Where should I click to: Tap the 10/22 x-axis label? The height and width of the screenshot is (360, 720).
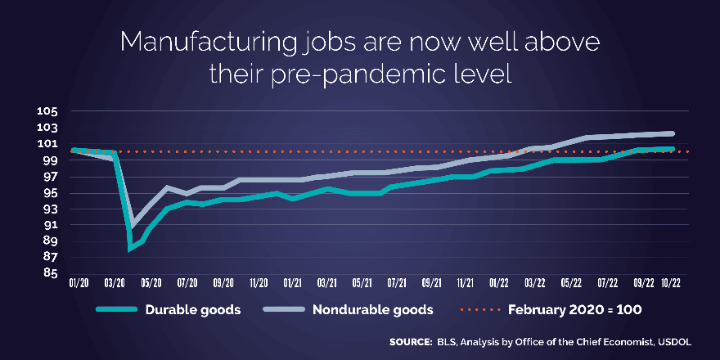pyautogui.click(x=671, y=282)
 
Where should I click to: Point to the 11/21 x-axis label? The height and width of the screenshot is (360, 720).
pyautogui.click(x=466, y=282)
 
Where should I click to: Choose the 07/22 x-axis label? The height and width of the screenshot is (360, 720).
pyautogui.click(x=606, y=282)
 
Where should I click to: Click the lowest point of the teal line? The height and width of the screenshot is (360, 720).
pyautogui.click(x=129, y=248)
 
